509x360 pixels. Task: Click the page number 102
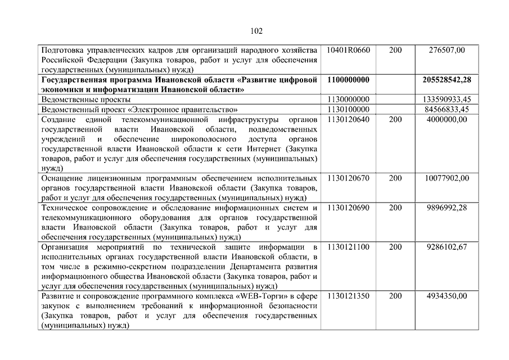tap(256, 31)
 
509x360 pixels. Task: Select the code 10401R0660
tap(348, 50)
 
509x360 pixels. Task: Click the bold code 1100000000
tap(348, 80)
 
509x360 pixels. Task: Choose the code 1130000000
tap(348, 99)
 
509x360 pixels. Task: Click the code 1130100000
tap(348, 109)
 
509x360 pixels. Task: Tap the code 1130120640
tap(348, 119)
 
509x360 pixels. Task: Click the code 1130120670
tap(348, 178)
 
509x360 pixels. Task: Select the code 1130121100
tap(348, 247)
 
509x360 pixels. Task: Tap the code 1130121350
tap(348, 296)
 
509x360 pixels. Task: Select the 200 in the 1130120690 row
tap(395, 208)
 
